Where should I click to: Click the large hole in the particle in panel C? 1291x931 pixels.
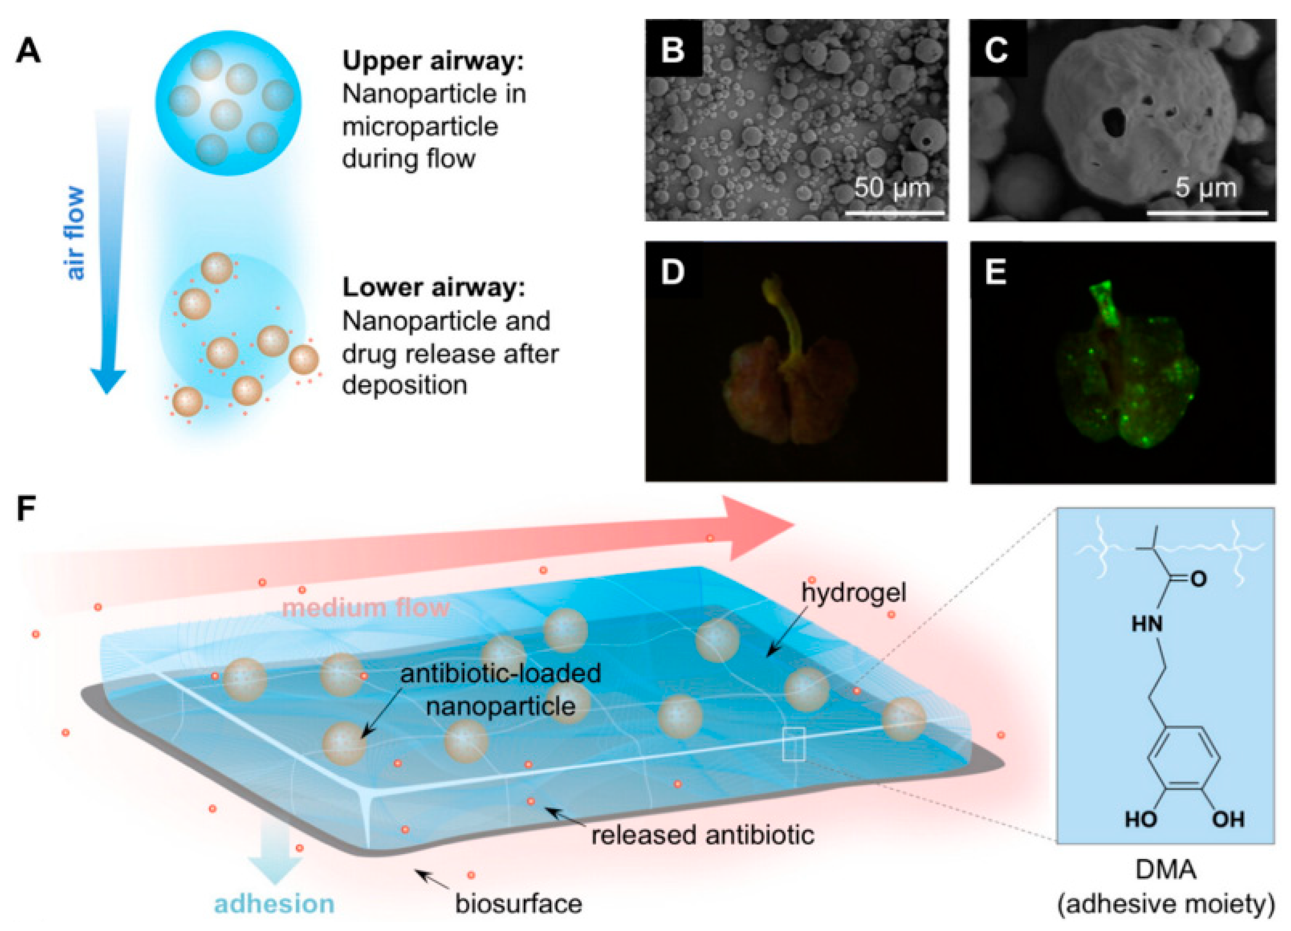(1112, 122)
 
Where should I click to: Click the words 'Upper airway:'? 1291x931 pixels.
(433, 61)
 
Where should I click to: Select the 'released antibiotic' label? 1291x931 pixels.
(702, 835)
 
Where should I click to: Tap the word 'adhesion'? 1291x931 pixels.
(274, 903)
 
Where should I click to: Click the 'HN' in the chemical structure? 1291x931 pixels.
(1146, 624)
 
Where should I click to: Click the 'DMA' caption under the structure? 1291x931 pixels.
(1165, 870)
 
